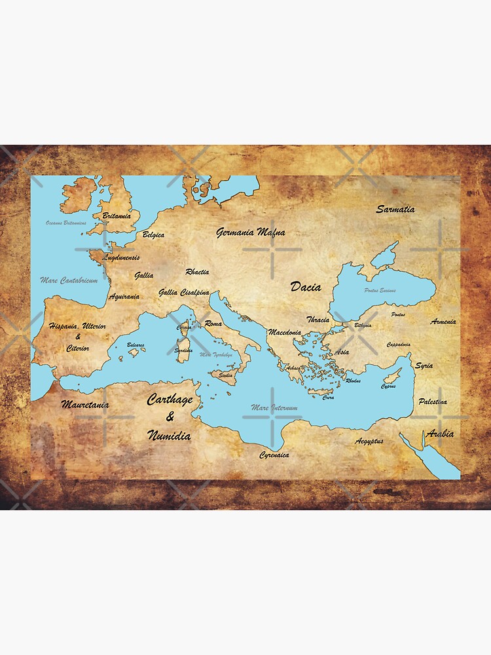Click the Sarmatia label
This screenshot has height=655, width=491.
(395, 210)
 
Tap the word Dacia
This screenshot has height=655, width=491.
(306, 286)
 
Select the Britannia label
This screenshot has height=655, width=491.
(117, 215)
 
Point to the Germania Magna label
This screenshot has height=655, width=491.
(250, 232)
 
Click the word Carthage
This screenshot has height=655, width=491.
(170, 400)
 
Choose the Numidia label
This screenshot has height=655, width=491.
(169, 435)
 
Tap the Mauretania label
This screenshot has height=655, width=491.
(84, 405)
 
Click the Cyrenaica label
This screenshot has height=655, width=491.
(274, 455)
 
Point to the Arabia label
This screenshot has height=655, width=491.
(439, 434)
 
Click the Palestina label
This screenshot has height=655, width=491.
(433, 401)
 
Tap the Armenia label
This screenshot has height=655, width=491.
(443, 322)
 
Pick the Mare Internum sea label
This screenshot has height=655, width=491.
(274, 407)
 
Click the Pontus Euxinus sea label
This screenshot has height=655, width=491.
(380, 290)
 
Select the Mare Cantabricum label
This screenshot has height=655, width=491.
(69, 280)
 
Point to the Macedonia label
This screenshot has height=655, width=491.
(284, 333)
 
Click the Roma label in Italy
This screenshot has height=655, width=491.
(213, 324)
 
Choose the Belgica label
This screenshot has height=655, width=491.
(153, 234)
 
